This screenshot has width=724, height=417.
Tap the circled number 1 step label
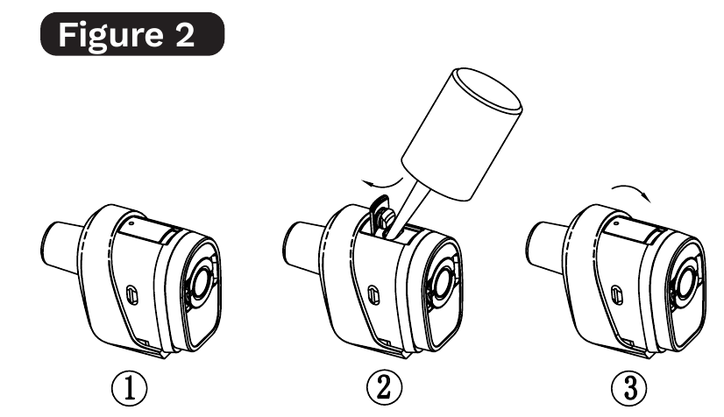130,388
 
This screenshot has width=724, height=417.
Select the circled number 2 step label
384,387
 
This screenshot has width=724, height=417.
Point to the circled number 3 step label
628,388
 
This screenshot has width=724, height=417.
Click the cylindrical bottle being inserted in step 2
462,134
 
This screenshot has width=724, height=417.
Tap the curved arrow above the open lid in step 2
382,184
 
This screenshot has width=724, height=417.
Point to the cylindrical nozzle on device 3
548,248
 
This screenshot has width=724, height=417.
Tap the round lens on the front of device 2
444,282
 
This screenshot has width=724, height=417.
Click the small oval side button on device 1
132,294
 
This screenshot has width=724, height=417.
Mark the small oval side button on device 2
374,294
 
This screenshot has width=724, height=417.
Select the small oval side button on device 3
617,294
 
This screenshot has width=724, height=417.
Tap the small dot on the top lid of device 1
132,223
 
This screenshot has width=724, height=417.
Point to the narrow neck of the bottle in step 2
407,205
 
